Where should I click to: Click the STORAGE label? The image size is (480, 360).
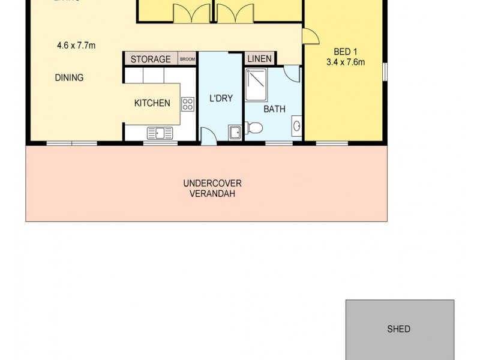[151, 59]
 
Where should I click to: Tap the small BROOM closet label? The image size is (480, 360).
[187, 59]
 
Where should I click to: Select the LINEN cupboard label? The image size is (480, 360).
[260, 59]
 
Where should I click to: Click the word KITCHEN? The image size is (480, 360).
[152, 103]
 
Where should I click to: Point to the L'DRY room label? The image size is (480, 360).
[221, 98]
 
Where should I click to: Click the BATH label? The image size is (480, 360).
[274, 109]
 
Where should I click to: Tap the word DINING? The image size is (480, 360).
[69, 77]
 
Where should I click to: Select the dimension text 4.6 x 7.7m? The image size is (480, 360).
[76, 45]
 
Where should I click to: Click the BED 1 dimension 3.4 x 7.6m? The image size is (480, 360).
[346, 62]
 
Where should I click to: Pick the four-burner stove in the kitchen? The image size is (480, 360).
[188, 104]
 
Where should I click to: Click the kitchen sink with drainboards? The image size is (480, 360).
[160, 133]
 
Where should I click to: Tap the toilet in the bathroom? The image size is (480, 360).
[254, 128]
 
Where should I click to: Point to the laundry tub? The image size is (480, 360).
[234, 132]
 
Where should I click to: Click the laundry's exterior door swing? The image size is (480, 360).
[208, 137]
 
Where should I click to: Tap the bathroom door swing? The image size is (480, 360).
[292, 74]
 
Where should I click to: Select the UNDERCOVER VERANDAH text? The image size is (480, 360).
[212, 188]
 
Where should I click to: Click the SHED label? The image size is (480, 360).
[399, 329]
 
